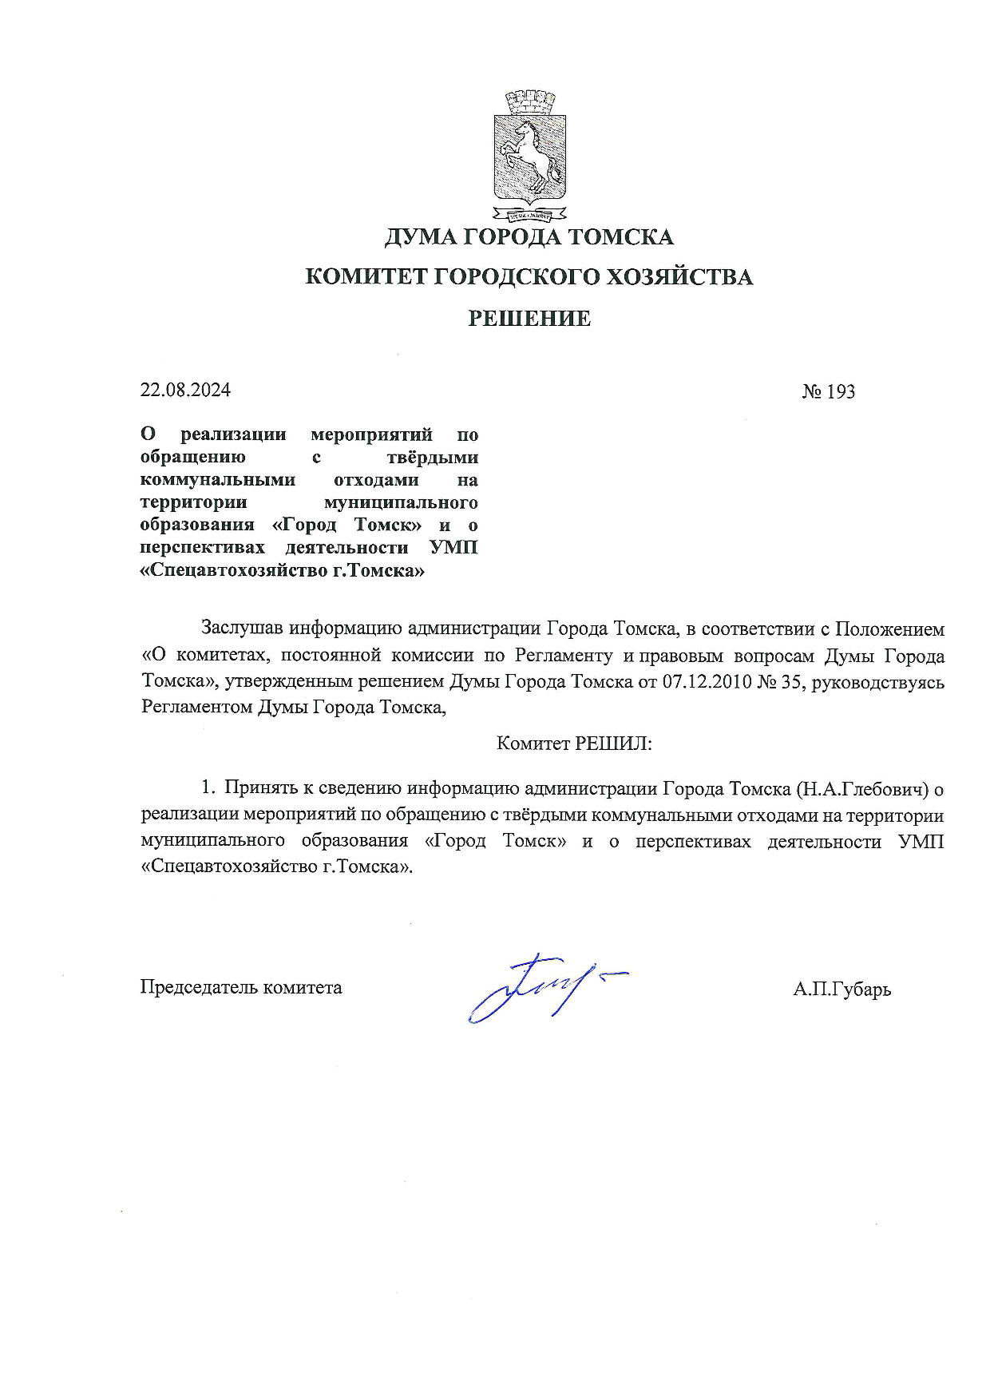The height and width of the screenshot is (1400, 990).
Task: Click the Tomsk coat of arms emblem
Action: click(529, 157)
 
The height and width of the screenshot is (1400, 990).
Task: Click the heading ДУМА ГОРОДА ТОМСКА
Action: click(529, 237)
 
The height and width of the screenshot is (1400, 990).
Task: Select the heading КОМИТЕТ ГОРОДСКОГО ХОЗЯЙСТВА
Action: click(529, 277)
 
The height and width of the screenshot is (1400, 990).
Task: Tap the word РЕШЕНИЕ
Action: click(529, 319)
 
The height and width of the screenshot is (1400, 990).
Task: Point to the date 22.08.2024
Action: click(185, 390)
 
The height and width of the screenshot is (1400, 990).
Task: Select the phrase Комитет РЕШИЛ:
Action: click(574, 744)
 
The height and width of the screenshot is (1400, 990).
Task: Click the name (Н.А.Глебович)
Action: click(863, 789)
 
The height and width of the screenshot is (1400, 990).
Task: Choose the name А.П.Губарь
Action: click(842, 990)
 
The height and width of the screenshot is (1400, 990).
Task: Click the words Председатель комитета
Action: click(241, 987)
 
